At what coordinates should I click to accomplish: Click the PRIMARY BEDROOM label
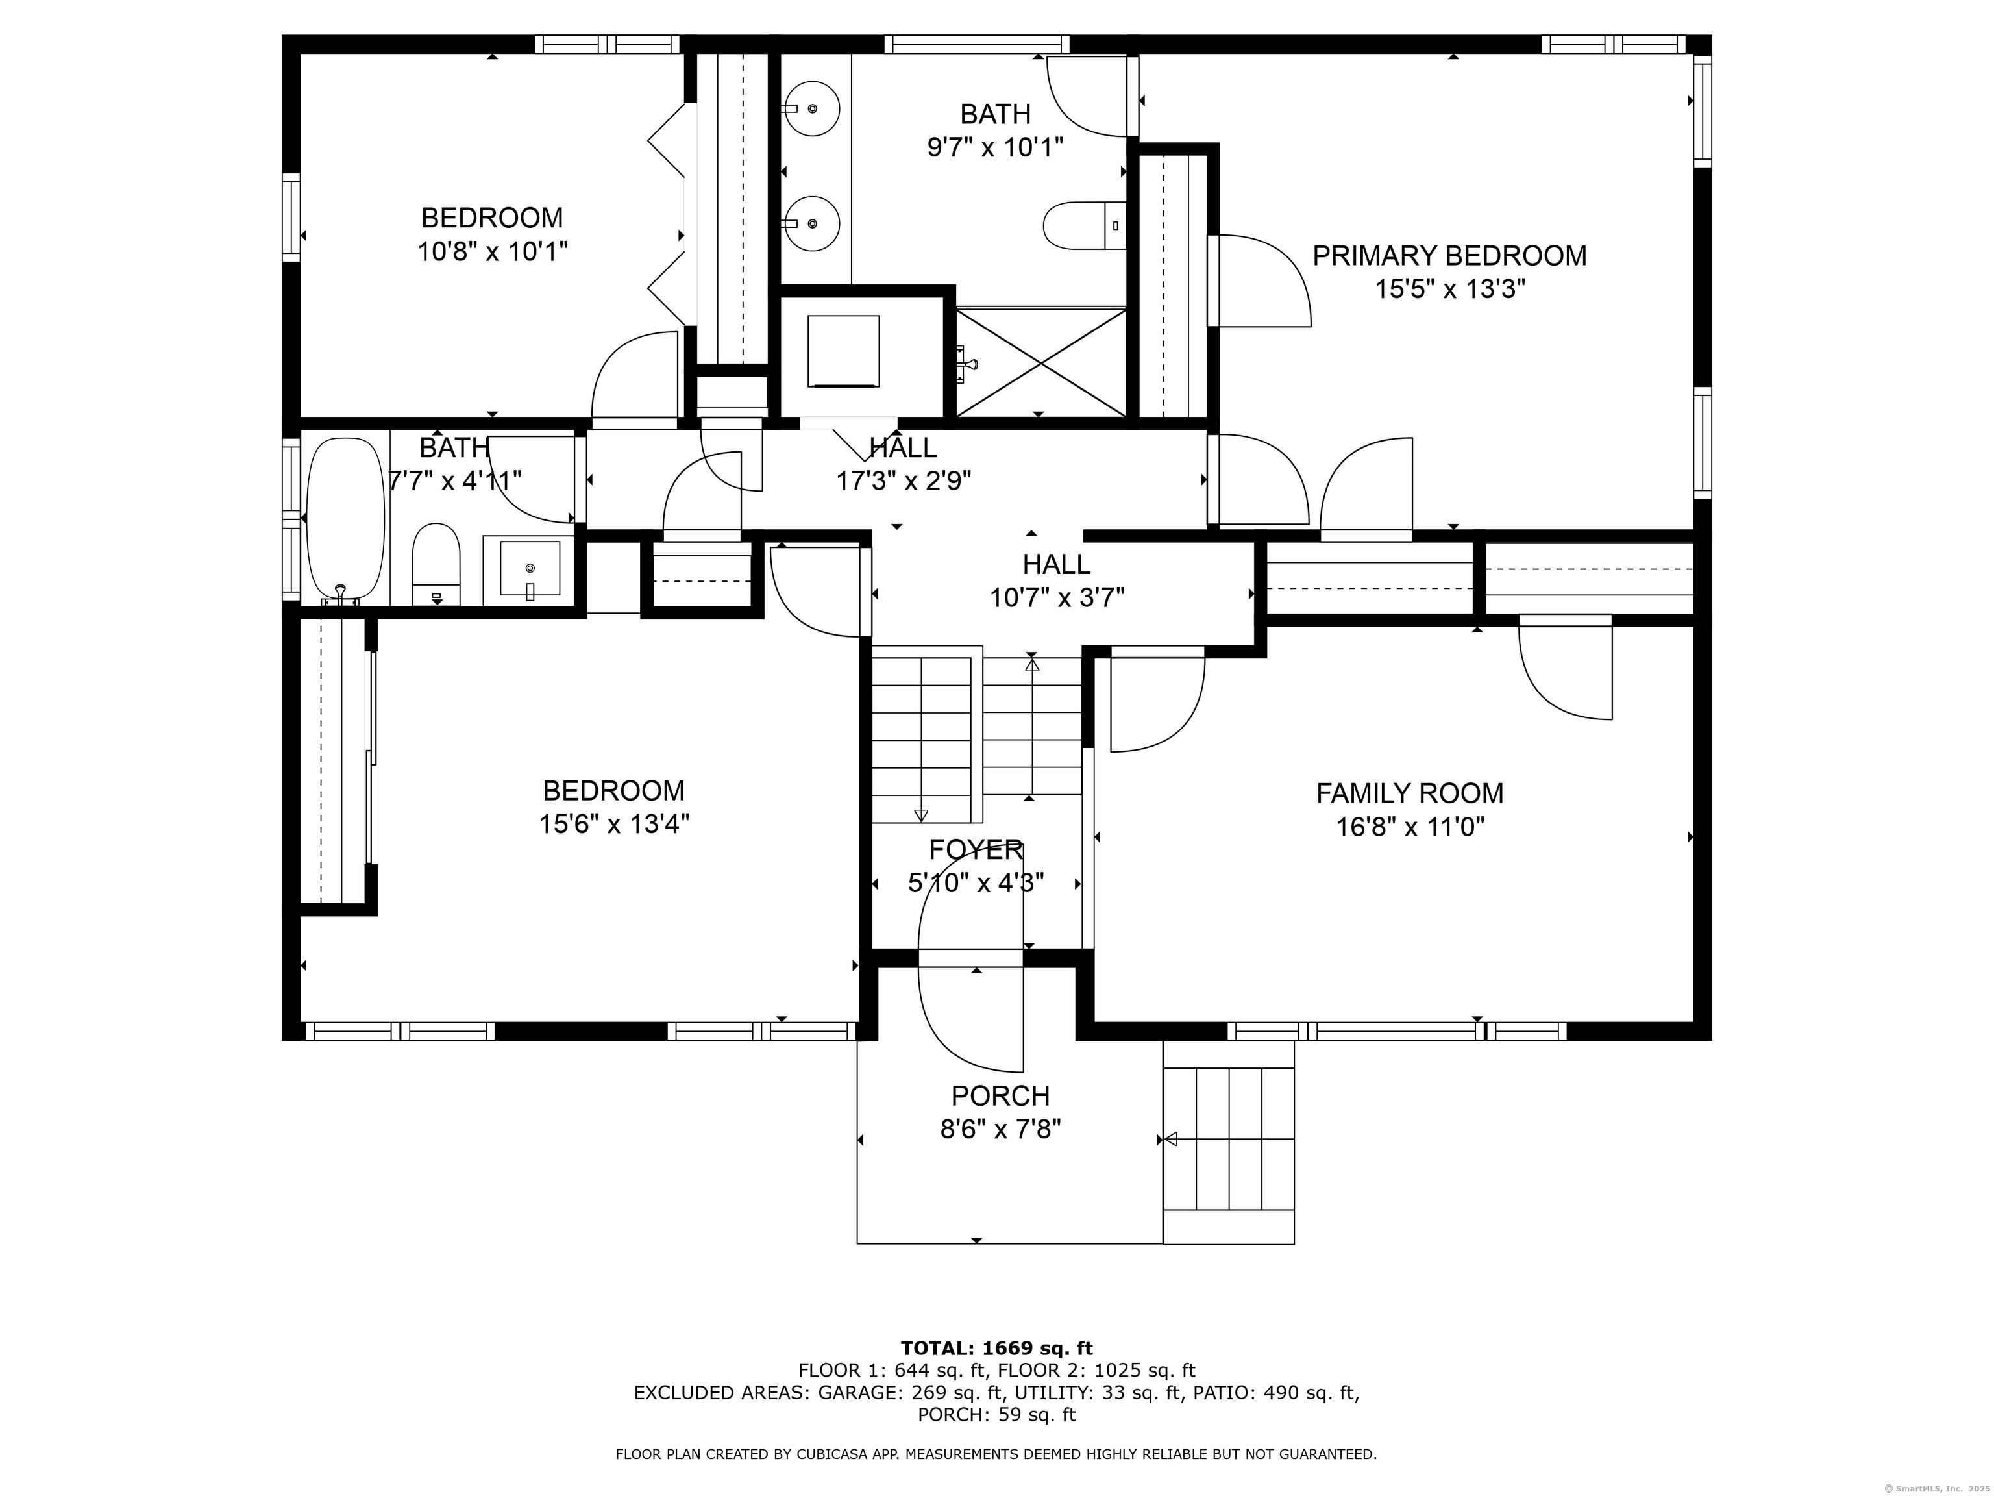tap(1449, 256)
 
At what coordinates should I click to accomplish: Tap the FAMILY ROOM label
tap(1410, 793)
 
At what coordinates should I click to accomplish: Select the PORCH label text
tap(1001, 1095)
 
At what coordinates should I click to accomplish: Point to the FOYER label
tap(976, 849)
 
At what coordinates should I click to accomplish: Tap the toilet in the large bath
tap(1085, 225)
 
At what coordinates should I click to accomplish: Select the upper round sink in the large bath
tap(811, 108)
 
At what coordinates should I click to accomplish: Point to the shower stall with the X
tap(1041, 362)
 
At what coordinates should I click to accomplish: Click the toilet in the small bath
tap(436, 564)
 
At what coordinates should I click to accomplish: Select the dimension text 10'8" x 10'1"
tap(492, 251)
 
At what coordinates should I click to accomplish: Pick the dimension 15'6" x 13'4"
tap(614, 824)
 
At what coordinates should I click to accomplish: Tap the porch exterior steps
tap(1229, 1143)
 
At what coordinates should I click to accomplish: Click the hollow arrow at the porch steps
tap(1171, 1139)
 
